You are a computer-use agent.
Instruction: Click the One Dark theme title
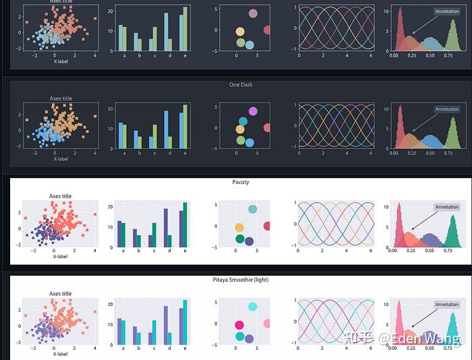tap(240, 85)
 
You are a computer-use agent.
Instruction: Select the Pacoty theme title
tap(240, 182)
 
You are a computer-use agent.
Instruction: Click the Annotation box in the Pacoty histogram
tap(446, 207)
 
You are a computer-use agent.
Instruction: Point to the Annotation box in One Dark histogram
tap(446, 109)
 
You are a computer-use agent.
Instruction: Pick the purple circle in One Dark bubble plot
tap(253, 111)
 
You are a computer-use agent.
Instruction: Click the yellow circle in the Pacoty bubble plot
tap(239, 228)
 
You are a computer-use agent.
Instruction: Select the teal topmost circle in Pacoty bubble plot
tap(252, 209)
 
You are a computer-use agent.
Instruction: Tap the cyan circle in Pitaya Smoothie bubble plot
tap(252, 307)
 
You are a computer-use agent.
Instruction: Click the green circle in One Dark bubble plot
tap(240, 140)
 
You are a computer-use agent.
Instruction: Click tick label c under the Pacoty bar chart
tap(153, 251)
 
